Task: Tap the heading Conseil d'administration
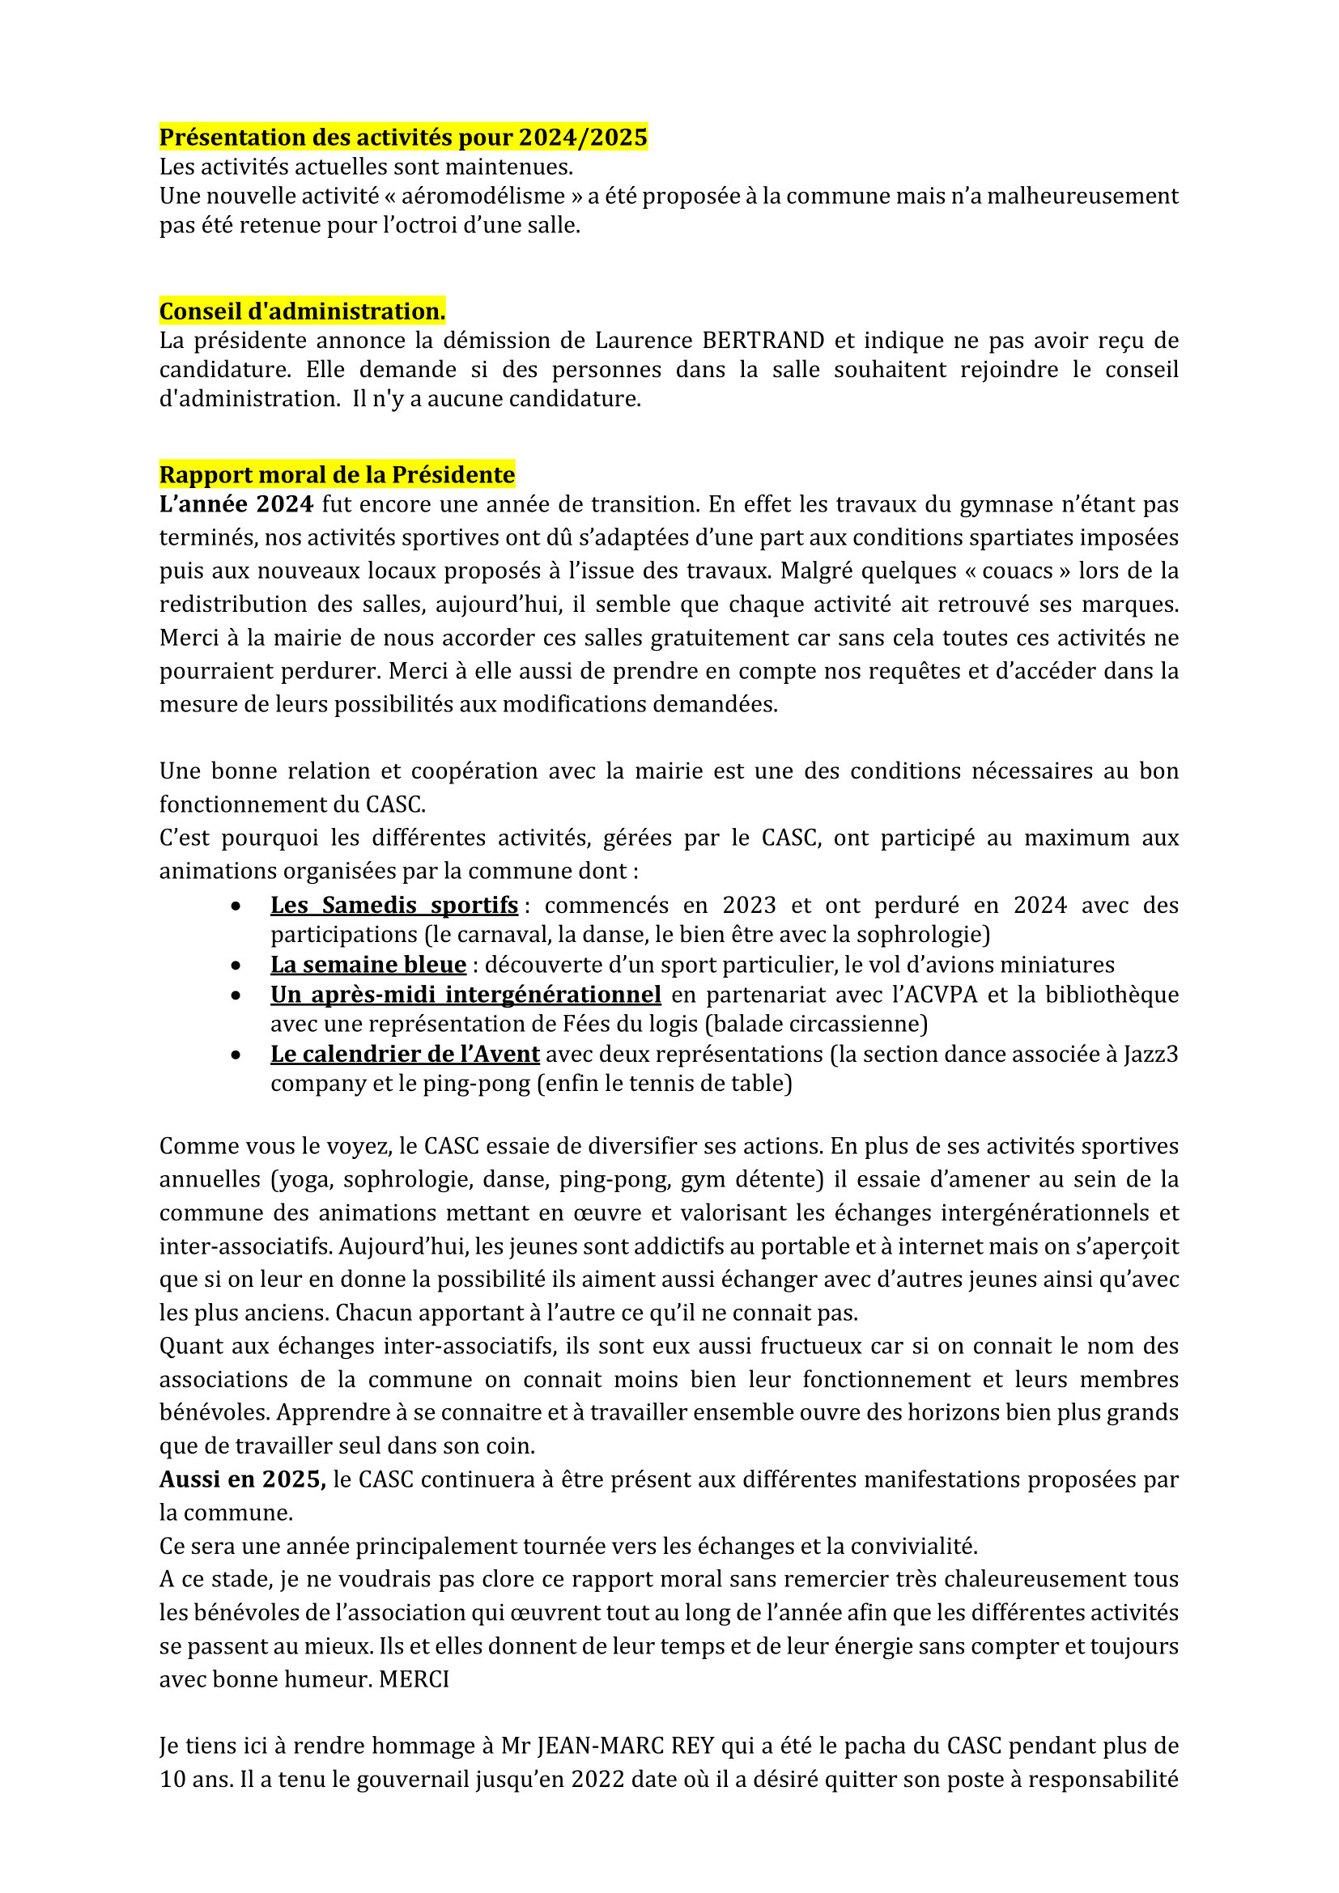coord(302,312)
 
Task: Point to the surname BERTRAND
coord(763,341)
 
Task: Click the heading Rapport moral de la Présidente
coord(337,475)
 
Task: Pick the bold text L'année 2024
coord(236,503)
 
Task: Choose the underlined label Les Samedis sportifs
coord(394,906)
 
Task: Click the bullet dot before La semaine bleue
coord(236,966)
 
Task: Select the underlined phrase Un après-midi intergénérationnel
coord(465,995)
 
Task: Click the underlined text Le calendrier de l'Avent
coord(405,1055)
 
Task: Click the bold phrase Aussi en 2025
coord(242,1480)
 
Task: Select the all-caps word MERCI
coord(414,1679)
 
